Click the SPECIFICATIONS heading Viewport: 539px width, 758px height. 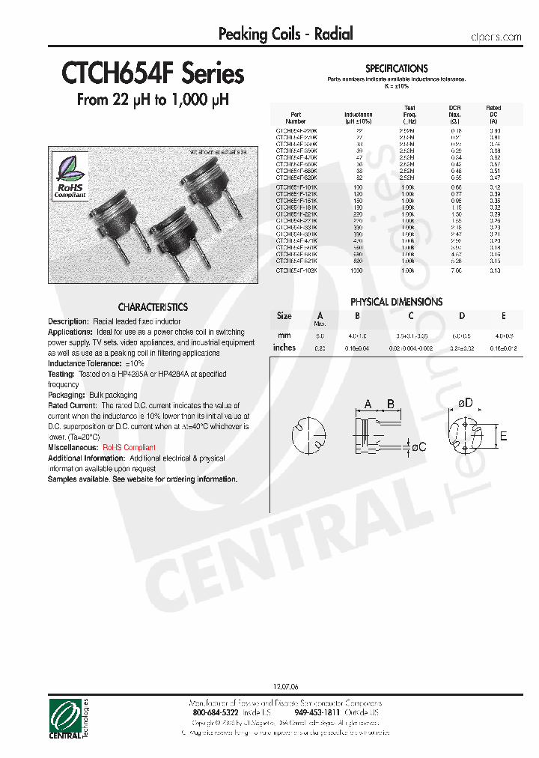[x=396, y=68]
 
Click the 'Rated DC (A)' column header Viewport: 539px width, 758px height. [x=493, y=114]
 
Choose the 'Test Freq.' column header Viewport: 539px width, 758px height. [x=409, y=114]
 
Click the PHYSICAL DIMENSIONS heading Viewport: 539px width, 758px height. [x=396, y=302]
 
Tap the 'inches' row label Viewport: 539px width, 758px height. [x=284, y=348]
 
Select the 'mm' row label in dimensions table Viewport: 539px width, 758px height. [x=284, y=335]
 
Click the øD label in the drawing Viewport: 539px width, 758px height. [x=466, y=404]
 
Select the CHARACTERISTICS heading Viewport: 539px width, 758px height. [x=153, y=307]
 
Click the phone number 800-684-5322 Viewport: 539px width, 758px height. [x=216, y=713]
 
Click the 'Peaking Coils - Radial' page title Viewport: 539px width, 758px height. [x=285, y=34]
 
